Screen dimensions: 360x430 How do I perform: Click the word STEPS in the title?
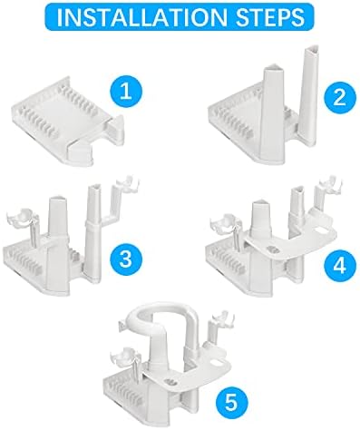270,17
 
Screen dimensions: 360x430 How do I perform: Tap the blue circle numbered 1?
126,91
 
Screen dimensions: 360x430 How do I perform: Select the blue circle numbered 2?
340,97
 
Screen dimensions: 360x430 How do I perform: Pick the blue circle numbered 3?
126,259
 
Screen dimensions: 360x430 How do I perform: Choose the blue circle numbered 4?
340,265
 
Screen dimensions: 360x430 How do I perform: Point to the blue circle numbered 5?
231,402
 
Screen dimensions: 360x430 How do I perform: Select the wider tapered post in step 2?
273,115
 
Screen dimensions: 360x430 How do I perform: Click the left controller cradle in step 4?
226,225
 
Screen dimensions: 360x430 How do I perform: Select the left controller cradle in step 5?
126,357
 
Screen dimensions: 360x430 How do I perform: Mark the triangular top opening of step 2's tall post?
314,50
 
